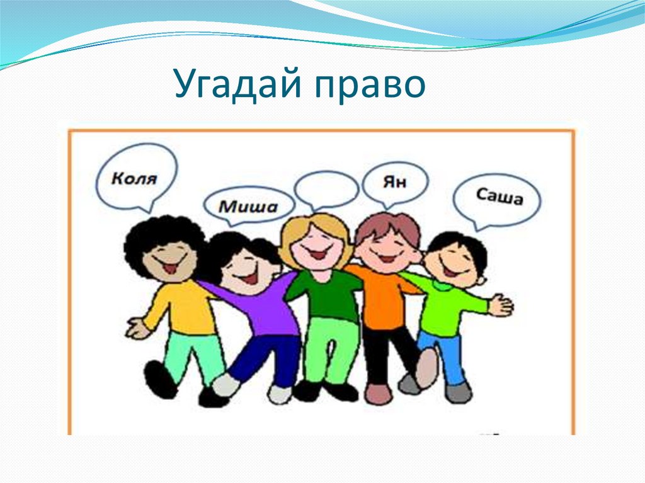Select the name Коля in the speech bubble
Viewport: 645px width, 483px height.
[x=134, y=178]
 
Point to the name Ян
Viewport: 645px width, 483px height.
[x=395, y=182]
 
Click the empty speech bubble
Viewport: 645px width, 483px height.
[x=326, y=188]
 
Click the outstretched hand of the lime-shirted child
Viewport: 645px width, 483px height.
[x=501, y=305]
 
